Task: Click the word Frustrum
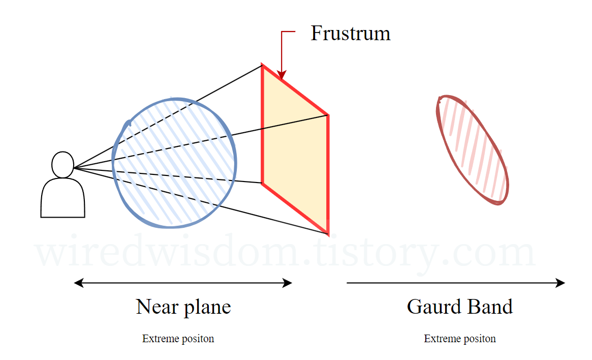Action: click(x=350, y=34)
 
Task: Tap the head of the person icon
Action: click(x=63, y=165)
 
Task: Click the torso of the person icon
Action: click(x=63, y=199)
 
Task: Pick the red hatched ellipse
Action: click(x=473, y=150)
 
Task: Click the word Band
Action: click(x=490, y=307)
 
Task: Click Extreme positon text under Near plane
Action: click(x=178, y=339)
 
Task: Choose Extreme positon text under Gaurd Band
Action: click(x=460, y=339)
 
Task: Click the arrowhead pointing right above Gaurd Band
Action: click(x=560, y=283)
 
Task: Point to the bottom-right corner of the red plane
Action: click(x=328, y=233)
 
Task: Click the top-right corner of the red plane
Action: click(x=328, y=115)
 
